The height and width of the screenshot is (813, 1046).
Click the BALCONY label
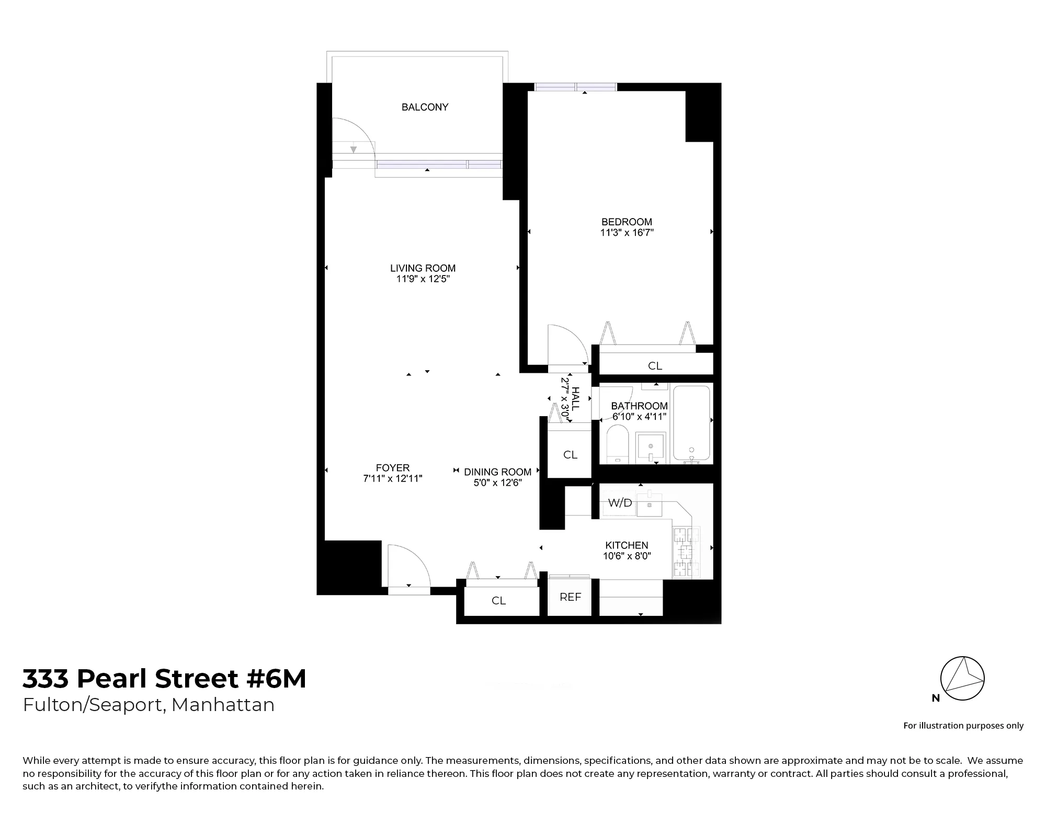(x=425, y=107)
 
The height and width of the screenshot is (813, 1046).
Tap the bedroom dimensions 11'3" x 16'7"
(x=627, y=233)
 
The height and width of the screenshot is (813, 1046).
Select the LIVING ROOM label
(x=423, y=268)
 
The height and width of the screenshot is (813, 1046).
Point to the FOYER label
(x=393, y=468)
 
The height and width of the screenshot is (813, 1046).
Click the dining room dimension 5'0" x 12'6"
(x=497, y=483)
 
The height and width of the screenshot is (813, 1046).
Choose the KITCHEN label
(x=627, y=545)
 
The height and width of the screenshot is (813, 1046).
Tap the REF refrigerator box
(x=570, y=597)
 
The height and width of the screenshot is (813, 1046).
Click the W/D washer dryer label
(x=620, y=503)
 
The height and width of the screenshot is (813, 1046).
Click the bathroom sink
(x=651, y=448)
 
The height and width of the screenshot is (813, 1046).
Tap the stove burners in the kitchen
(x=686, y=552)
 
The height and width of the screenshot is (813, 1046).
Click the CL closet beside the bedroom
(x=655, y=366)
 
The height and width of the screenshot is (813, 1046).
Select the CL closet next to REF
(x=498, y=601)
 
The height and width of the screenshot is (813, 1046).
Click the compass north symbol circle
(x=962, y=679)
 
